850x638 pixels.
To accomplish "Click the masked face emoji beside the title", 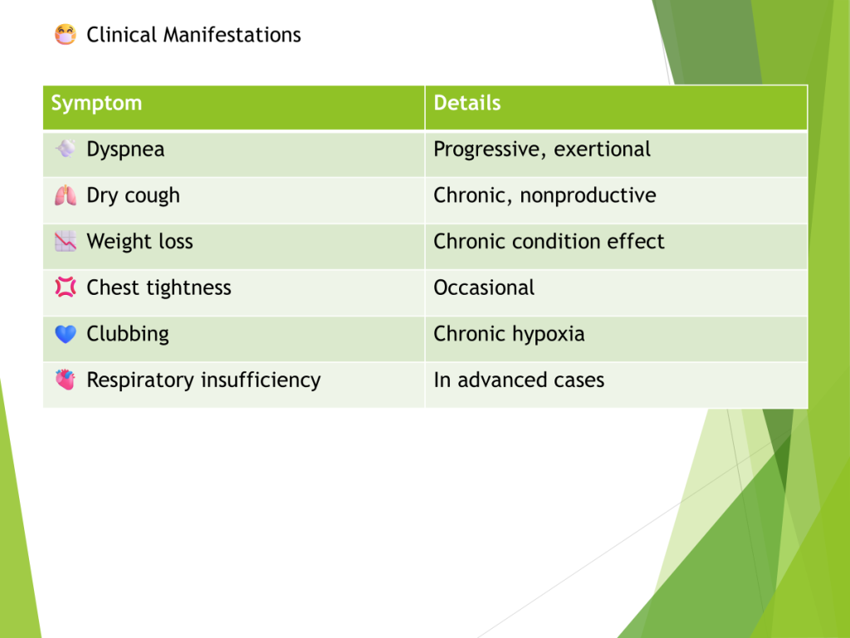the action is click(65, 35).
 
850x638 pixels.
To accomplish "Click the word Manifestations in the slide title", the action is click(232, 35).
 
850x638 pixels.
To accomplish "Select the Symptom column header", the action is click(96, 103).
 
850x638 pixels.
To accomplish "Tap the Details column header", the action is click(467, 103).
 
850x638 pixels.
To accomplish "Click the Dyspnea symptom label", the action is click(125, 150).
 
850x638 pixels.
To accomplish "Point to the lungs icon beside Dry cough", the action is click(65, 195).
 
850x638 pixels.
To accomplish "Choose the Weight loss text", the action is click(139, 242).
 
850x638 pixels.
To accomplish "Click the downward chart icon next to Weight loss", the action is click(65, 242).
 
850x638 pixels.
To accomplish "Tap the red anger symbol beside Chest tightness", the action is click(65, 287).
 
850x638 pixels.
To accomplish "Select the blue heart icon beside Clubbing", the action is click(65, 334).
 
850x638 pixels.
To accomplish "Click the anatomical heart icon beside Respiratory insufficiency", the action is click(65, 380).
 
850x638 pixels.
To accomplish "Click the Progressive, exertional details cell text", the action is click(542, 150).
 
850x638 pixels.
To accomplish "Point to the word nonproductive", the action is click(589, 195).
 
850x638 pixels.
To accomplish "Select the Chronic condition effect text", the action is click(550, 242).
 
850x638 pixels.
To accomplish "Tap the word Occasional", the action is click(484, 287).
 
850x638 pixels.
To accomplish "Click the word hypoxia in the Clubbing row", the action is click(548, 334).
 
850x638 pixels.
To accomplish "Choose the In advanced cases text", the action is click(519, 380).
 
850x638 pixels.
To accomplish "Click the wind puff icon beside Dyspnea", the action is click(65, 149).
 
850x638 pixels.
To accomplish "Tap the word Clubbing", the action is click(128, 334).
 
